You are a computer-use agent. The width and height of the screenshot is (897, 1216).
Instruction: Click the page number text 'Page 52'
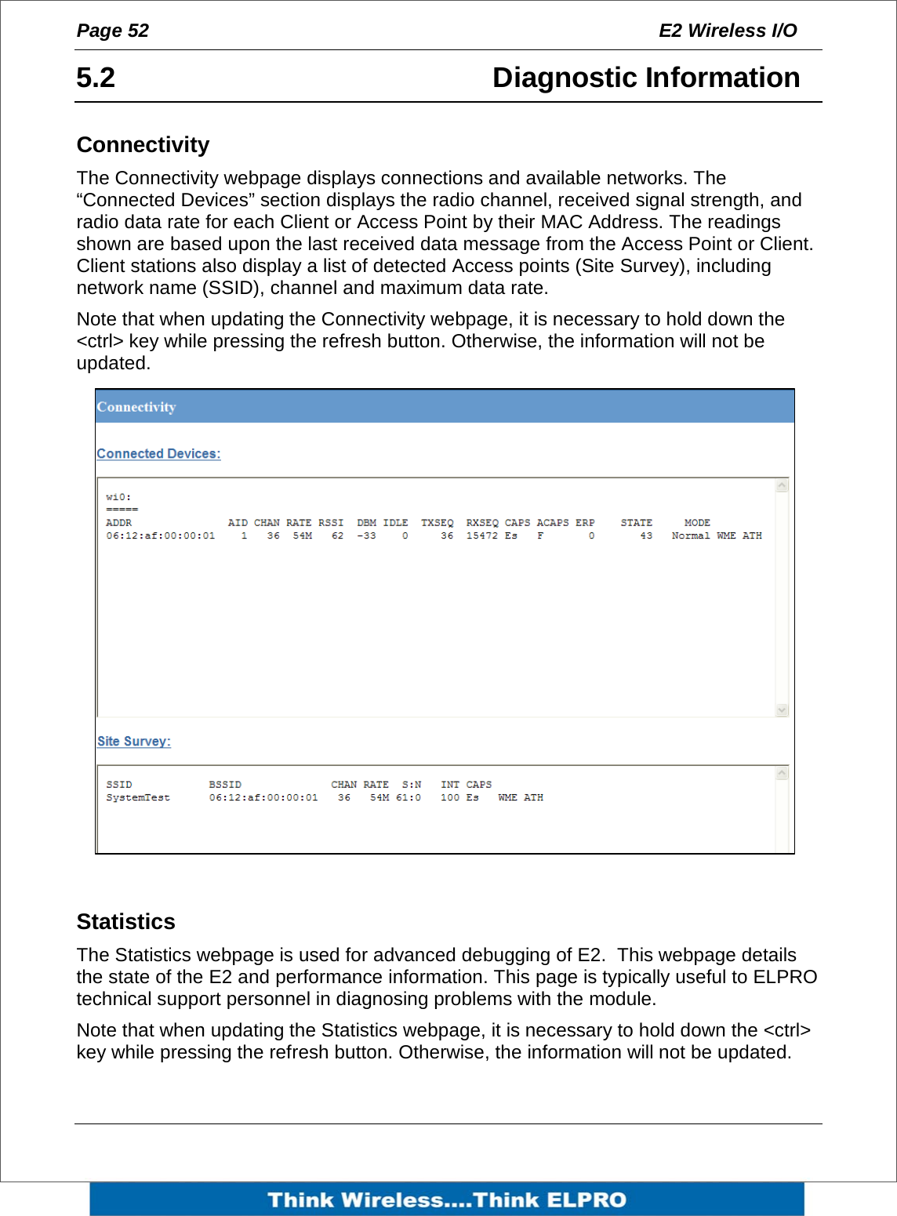[x=112, y=31]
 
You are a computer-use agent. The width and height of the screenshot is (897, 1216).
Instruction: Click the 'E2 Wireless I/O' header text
[x=727, y=31]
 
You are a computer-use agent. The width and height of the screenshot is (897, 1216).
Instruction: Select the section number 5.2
[x=96, y=78]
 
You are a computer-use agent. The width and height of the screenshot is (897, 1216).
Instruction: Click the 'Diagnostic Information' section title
[x=645, y=78]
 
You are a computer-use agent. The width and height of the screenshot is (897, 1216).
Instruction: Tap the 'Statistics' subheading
[x=125, y=921]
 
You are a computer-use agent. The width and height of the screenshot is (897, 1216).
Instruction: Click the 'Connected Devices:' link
[x=158, y=454]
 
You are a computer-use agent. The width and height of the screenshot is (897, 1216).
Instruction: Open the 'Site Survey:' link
[x=134, y=742]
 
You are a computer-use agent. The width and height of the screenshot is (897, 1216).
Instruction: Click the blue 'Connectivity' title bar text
[x=136, y=407]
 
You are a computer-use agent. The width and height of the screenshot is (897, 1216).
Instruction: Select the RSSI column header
[x=331, y=523]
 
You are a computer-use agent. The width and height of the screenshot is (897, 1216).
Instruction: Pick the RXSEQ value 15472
[x=481, y=536]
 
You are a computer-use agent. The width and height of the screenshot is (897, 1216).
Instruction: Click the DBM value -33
[x=366, y=536]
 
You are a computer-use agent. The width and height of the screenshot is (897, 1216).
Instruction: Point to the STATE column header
[x=636, y=523]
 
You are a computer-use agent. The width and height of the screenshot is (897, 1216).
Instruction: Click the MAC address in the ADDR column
[x=160, y=536]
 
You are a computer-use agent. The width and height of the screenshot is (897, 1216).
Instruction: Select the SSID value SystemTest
[x=138, y=798]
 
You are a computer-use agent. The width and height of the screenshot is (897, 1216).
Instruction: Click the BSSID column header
[x=225, y=785]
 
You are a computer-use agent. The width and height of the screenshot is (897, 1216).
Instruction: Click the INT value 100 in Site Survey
[x=449, y=798]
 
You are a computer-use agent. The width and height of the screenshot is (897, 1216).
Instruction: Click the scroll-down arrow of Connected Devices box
[x=782, y=710]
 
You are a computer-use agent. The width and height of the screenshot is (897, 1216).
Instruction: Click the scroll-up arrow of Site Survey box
[x=782, y=774]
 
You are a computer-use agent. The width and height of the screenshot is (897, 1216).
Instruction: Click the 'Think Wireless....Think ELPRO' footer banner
[x=447, y=1200]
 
